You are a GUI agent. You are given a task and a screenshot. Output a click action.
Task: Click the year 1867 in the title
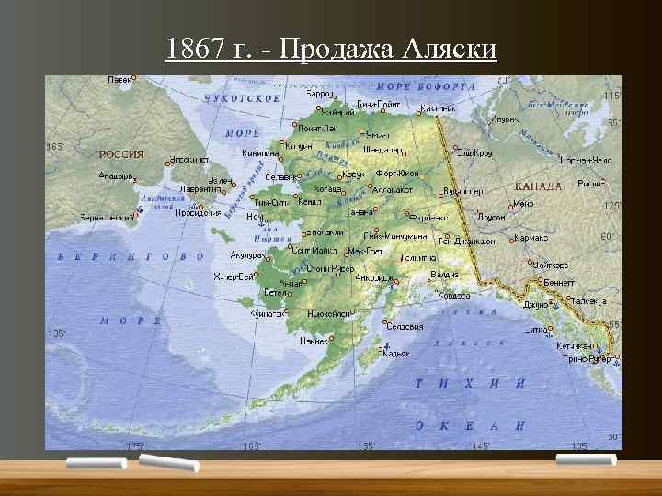[x=191, y=48]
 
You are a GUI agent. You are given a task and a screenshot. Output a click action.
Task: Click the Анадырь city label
[x=116, y=175]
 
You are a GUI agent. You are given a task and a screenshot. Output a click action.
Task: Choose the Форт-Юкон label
[x=397, y=173]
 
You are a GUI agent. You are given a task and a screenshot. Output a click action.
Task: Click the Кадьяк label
[x=396, y=353]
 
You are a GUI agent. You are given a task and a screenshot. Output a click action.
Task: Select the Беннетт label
[x=559, y=283]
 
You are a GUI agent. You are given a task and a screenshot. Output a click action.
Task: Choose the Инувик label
[x=505, y=119]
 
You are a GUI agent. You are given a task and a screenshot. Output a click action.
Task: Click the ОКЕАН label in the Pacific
[x=469, y=425]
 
